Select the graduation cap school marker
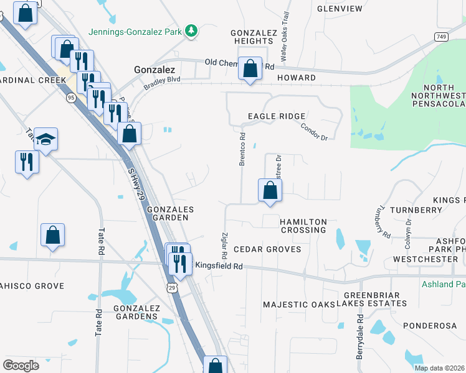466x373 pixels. coord(45,139)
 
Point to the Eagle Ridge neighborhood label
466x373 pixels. coord(277,116)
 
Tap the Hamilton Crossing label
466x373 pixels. coord(303,226)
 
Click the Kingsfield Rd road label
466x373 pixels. coord(217,266)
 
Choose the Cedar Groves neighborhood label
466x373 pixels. coord(267,249)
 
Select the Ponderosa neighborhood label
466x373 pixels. coord(430,325)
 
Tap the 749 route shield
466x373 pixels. coord(442,37)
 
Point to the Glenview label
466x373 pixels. coord(340,9)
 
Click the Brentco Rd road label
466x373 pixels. coord(243,149)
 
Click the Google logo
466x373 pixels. coord(21,366)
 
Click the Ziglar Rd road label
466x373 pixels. coord(224,247)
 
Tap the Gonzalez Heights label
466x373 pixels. coord(252,37)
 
